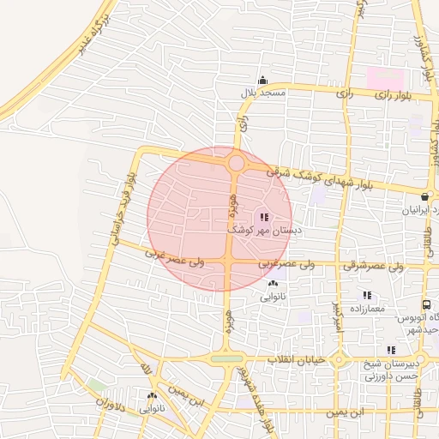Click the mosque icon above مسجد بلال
coord(263,80)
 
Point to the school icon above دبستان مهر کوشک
coord(264,218)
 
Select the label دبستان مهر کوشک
coord(262,231)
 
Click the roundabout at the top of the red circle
coord(237,162)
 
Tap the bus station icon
coord(426,305)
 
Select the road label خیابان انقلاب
coord(296,359)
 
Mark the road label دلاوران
coord(111,404)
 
